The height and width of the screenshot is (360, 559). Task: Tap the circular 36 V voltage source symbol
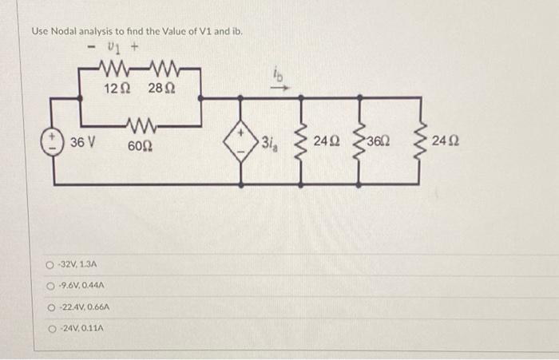tap(54, 142)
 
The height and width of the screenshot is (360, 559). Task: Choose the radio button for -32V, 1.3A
tap(50, 263)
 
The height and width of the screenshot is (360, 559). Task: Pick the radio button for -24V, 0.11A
tap(50, 328)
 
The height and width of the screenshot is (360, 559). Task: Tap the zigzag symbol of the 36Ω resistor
tap(360, 142)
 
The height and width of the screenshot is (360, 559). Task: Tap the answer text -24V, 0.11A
tap(83, 328)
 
